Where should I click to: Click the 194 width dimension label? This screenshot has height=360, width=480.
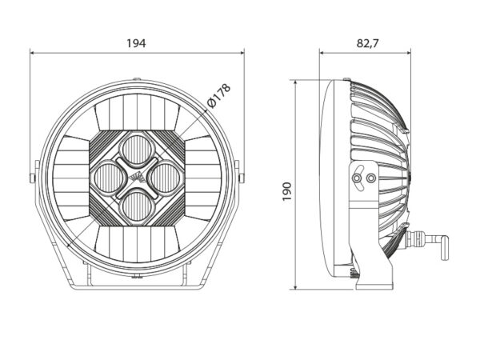[136, 43]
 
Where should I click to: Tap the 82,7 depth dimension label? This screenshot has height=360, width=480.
[367, 43]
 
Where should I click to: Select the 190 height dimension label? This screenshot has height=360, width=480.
[287, 192]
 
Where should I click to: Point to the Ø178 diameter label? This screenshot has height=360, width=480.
[218, 95]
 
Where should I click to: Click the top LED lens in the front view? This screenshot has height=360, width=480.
[137, 150]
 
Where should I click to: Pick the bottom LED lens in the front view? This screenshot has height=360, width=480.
[137, 206]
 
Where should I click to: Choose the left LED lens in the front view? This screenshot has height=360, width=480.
[109, 178]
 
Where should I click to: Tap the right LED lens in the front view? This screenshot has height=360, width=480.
[166, 178]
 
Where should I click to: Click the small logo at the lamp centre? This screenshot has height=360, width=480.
[137, 178]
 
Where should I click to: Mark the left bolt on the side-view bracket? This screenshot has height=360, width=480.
[356, 178]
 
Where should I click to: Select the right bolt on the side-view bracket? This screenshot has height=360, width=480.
[371, 178]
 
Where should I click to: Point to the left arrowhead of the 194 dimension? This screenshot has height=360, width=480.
[32, 53]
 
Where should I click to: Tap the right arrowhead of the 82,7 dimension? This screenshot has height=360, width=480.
[408, 53]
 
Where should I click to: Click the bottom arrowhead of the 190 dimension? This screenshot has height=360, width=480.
[295, 286]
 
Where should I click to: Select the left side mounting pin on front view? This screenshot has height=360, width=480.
[32, 178]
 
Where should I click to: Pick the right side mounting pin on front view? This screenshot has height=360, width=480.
[242, 178]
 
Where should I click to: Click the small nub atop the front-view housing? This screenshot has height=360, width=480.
[137, 79]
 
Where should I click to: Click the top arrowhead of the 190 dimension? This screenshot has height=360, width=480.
[295, 83]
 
